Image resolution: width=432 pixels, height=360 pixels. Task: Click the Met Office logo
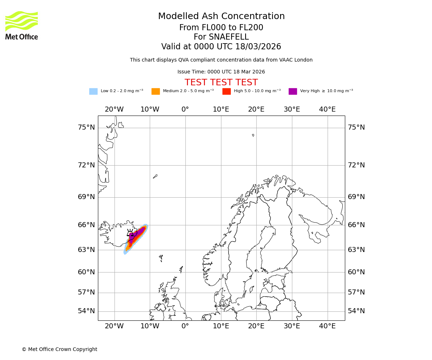click(22, 25)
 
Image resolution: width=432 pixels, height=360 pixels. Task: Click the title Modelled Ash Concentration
click(221, 17)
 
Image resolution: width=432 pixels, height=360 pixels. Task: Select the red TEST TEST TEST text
click(221, 83)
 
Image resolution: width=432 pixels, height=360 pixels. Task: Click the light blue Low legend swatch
click(93, 91)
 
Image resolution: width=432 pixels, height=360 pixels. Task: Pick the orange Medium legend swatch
click(156, 91)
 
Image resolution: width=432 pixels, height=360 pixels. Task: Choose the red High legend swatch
click(226, 91)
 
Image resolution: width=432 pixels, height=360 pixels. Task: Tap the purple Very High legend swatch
click(293, 91)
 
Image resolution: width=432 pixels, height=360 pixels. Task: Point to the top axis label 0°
click(185, 109)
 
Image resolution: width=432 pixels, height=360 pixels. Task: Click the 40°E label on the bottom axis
click(327, 326)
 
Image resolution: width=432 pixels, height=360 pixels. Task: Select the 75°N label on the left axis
click(86, 127)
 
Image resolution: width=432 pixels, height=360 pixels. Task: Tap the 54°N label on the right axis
click(356, 311)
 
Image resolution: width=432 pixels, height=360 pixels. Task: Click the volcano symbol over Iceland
click(130, 233)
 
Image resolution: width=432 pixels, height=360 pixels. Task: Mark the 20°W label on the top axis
click(114, 109)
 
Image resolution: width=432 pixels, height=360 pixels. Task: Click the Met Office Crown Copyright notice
click(59, 350)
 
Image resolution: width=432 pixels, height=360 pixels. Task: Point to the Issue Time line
click(221, 72)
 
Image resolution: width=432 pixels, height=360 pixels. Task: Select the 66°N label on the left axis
click(86, 225)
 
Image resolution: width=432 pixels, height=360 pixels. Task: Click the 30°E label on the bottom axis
click(292, 326)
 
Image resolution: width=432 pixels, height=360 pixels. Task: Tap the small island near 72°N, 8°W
click(155, 176)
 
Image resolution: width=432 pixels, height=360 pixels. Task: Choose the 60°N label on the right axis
click(356, 272)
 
